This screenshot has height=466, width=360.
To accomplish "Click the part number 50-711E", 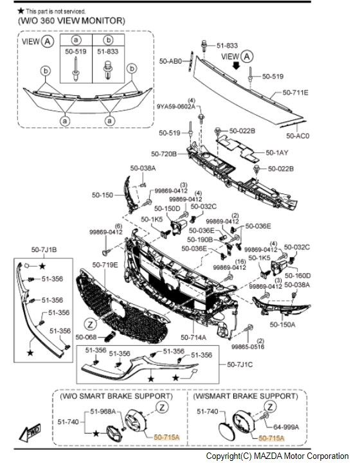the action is (295, 93).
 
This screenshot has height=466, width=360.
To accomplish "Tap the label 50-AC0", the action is (298, 136).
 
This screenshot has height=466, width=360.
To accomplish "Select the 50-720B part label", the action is (164, 154).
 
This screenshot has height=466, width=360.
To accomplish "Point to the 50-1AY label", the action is (277, 152).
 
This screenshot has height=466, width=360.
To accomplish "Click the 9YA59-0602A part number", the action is (176, 106).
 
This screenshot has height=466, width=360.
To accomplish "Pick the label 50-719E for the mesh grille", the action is (105, 265).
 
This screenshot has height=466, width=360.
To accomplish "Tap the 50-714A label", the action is (194, 337).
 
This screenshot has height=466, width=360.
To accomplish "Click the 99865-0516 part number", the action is (248, 346).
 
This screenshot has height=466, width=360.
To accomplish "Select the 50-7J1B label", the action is (44, 250).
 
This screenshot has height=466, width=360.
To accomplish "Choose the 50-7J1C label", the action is (240, 364).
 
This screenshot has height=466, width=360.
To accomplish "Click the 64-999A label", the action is (286, 427).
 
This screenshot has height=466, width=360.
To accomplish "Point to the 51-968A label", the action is (103, 411).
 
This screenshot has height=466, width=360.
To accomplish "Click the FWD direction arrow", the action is (30, 433).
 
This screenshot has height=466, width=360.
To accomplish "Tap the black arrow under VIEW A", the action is (236, 66).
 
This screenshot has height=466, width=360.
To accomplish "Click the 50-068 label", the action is (86, 337).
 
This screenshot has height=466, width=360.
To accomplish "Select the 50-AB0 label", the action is (170, 61).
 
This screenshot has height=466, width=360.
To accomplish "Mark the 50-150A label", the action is (282, 325).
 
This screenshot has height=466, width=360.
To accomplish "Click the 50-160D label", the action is (298, 276).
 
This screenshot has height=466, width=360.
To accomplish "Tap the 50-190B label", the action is (200, 239).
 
